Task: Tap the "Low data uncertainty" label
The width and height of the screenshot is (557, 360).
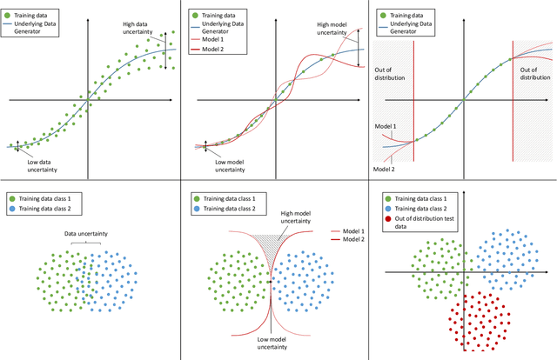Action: [x=37, y=163]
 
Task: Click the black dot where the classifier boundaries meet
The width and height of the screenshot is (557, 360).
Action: [x=272, y=281]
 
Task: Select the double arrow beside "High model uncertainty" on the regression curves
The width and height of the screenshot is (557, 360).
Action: [x=355, y=39]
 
